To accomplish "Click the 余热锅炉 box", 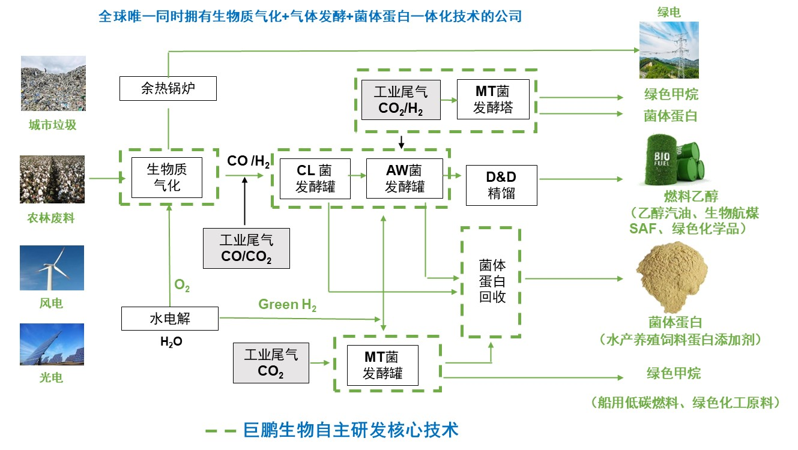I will pos(168,89).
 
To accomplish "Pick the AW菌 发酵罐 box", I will pos(404,178).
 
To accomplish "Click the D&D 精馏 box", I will pos(501,185).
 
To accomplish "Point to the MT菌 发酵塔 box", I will pos(494,100).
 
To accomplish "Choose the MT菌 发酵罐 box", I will pos(382,365).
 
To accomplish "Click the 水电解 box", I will pos(170,319).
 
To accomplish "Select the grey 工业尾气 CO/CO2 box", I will pos(246,248).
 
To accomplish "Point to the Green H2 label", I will pos(287,305).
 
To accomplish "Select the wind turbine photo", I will pos(52,268).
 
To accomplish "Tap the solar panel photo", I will pos(52,345).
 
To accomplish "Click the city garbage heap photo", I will pos(53,83).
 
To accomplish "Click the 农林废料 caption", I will pos(51,218).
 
